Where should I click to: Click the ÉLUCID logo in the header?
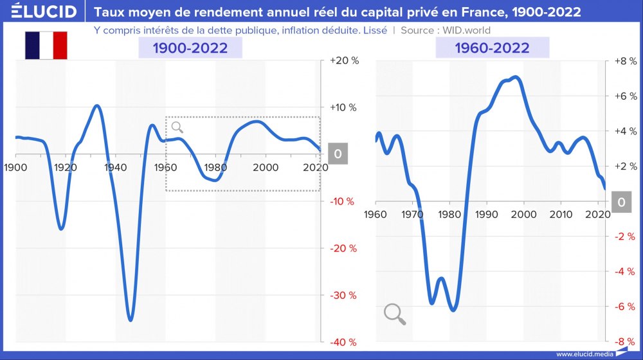point(39,12)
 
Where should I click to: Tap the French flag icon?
point(46,45)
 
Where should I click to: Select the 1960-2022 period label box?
point(493,48)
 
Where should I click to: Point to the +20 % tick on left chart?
point(343,60)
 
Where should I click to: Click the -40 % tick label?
point(343,343)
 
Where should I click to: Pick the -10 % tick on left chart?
point(343,201)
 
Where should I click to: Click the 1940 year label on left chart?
point(114,168)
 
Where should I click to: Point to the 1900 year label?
point(14,168)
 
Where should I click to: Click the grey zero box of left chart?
point(338,154)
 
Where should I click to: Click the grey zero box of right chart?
point(621,202)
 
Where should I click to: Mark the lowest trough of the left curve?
point(131,319)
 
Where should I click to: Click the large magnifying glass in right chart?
point(394,314)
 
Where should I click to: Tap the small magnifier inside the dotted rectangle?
point(177,127)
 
